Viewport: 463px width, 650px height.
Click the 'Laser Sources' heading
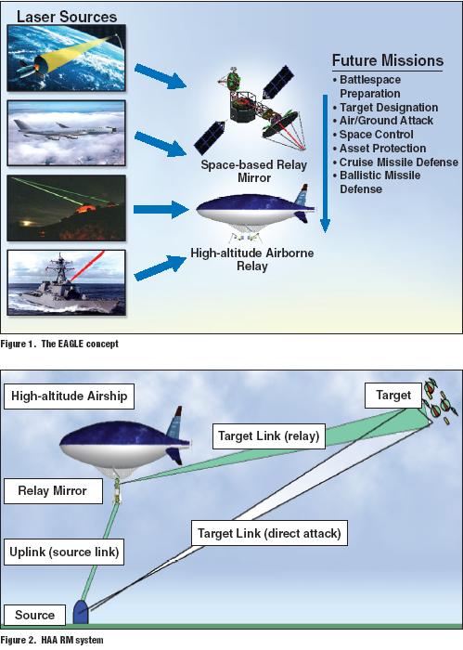tap(67, 17)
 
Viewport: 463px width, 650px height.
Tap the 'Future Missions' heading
tap(388, 60)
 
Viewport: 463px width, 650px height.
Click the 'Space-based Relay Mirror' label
tap(254, 171)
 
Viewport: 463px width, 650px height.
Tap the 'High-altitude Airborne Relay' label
tap(251, 259)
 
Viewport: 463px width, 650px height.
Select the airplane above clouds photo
tap(66, 133)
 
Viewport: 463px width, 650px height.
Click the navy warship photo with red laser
tap(66, 282)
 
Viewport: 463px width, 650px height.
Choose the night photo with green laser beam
tap(66, 208)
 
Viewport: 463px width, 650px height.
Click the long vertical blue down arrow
tap(325, 163)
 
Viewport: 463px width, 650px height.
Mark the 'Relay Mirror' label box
tap(53, 491)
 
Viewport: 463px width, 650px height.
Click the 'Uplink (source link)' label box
tap(64, 552)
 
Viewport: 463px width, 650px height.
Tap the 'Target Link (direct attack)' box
tap(269, 533)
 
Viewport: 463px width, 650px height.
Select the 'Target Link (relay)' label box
tap(269, 436)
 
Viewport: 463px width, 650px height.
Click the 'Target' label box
tap(393, 395)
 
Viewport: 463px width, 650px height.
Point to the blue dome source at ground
tap(81, 611)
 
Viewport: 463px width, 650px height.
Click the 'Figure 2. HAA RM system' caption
tap(52, 641)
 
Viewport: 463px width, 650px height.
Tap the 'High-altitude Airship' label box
tap(70, 396)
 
